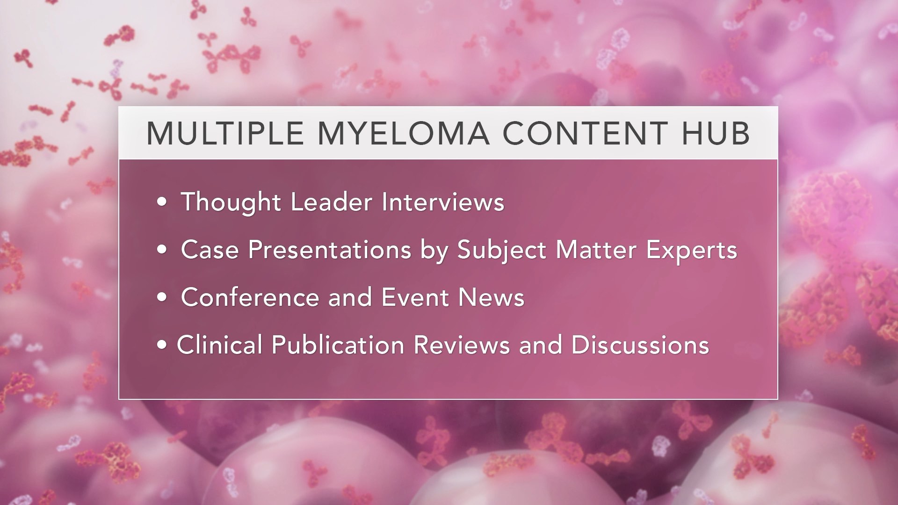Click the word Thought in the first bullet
[x=231, y=202]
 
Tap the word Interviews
[x=443, y=202]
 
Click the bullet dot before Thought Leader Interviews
[x=162, y=202]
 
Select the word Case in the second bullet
[x=209, y=250]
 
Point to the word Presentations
[x=329, y=250]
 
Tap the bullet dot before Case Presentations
[x=162, y=250]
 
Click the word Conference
[x=250, y=297]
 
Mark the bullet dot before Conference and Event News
[x=162, y=298]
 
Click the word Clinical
[x=219, y=345]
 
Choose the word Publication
[x=338, y=345]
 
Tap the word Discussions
[x=640, y=345]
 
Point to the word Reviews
[x=462, y=345]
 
